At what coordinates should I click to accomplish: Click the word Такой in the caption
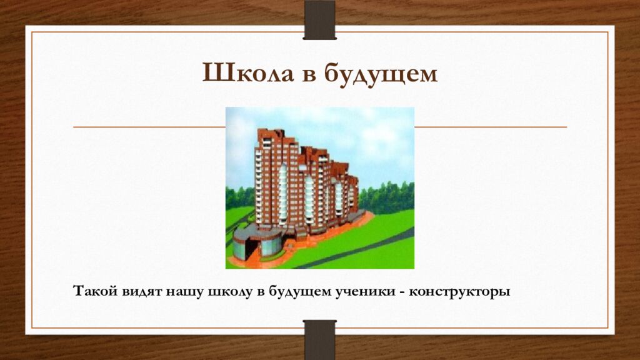pos(91,292)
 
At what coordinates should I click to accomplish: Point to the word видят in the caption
pos(138,292)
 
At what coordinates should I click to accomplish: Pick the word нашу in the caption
pos(182,292)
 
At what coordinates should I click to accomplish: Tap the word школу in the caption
pos(227,292)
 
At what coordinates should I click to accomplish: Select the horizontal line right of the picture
pos(490,127)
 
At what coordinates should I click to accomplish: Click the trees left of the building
pos(239,197)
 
